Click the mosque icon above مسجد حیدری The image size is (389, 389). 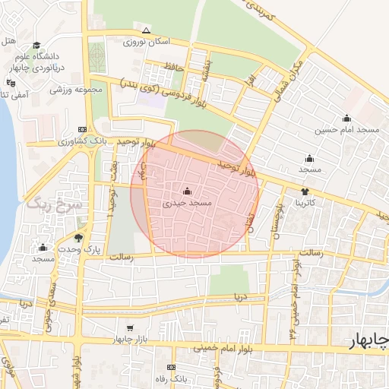tap(188, 191)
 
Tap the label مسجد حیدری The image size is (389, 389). tap(188, 204)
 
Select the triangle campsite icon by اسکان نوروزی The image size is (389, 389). tap(147, 31)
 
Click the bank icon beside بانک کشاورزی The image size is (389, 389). tap(83, 130)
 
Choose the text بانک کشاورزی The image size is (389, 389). tap(114, 142)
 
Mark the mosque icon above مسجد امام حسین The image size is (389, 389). tap(346, 118)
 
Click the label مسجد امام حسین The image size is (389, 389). tap(348, 130)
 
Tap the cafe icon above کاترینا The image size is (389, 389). tap(305, 191)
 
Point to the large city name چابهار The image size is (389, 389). tap(368, 340)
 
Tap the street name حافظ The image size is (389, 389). tap(175, 68)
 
